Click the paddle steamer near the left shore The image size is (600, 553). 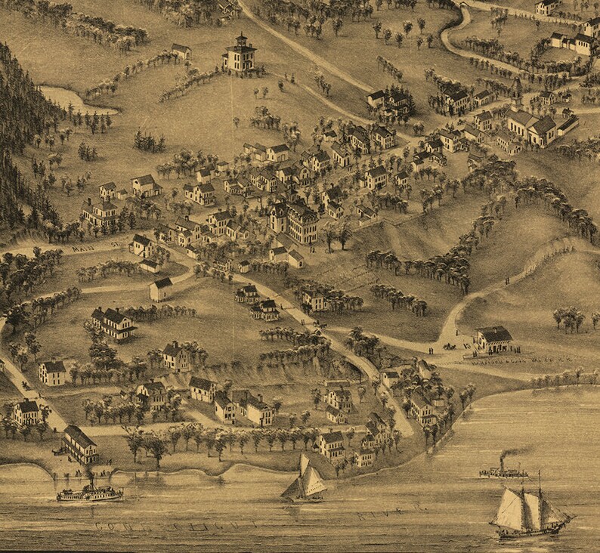click(x=89, y=493)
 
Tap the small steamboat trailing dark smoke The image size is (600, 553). click(x=503, y=472)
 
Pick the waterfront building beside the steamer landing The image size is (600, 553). click(x=79, y=444)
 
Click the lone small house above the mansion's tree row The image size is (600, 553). click(x=181, y=51)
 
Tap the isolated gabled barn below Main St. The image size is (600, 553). click(x=160, y=289)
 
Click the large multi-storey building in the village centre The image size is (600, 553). click(x=294, y=219)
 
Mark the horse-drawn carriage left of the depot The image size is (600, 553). click(x=450, y=346)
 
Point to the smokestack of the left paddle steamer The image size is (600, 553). click(x=90, y=480)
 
